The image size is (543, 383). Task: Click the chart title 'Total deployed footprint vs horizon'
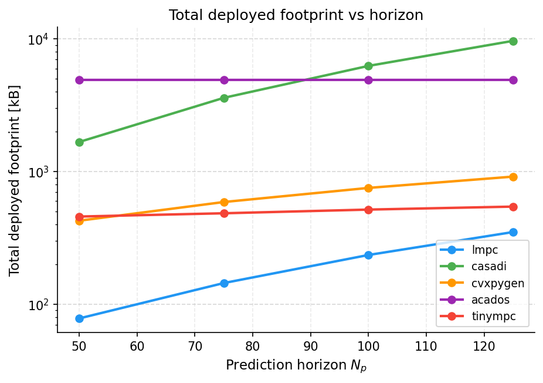[296, 15]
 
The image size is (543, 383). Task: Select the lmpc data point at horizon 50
[79, 318]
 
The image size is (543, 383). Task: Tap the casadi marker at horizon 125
[513, 41]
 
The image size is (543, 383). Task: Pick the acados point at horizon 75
[224, 80]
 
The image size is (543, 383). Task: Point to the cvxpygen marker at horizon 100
[368, 188]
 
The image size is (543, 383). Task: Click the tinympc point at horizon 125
[513, 207]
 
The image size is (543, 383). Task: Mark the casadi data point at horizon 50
[79, 142]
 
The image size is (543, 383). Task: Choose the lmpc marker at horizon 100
[368, 255]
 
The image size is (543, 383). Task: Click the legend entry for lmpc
[484, 250]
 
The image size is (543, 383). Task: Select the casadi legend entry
[488, 266]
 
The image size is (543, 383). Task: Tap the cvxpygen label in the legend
[497, 283]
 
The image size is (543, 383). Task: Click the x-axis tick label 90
[310, 345]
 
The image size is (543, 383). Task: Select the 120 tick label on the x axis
[484, 345]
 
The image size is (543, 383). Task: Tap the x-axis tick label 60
[137, 345]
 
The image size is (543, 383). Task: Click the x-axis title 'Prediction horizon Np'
[296, 366]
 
